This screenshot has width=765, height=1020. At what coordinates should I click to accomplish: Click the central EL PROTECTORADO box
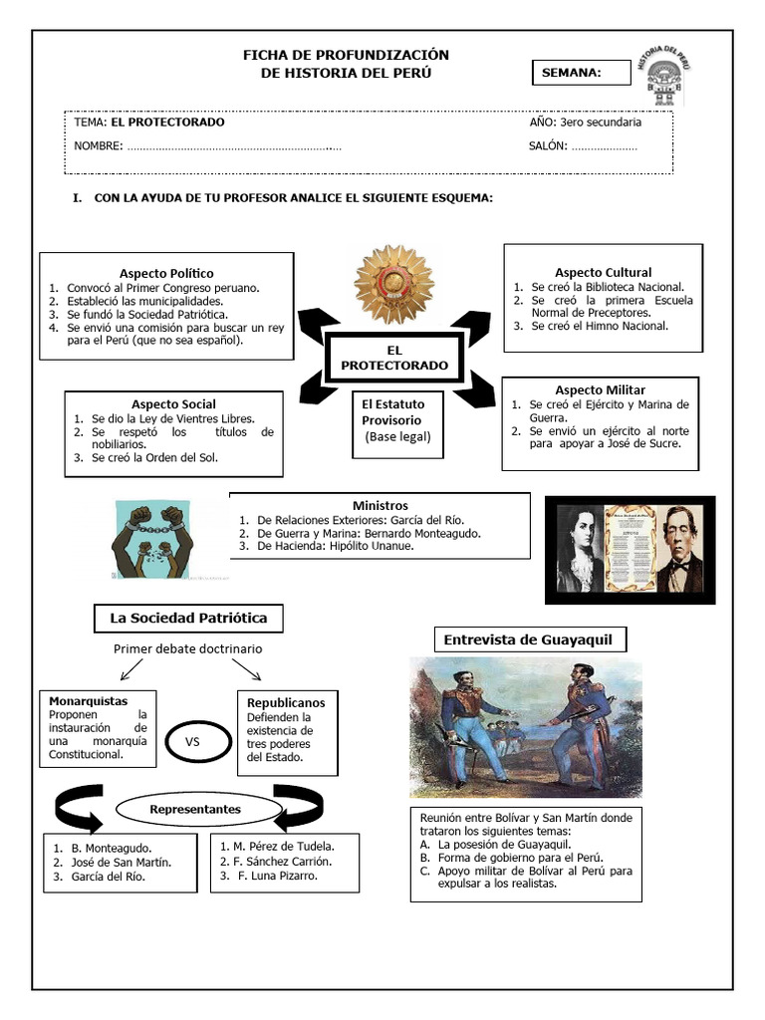click(393, 359)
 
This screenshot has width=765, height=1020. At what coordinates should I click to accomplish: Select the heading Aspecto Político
click(166, 273)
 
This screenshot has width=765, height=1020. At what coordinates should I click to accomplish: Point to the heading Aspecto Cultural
click(603, 272)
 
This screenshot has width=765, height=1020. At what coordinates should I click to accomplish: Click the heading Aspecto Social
click(173, 404)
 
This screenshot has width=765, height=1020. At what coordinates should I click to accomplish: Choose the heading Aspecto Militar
click(600, 389)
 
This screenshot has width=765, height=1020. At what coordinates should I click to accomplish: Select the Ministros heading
click(380, 505)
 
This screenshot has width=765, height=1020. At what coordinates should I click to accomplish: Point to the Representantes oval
click(195, 810)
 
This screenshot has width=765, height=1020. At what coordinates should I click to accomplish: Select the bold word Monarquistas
click(88, 701)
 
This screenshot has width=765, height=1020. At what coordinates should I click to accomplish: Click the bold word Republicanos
click(286, 702)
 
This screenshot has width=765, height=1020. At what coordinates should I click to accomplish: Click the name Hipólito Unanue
click(373, 546)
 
